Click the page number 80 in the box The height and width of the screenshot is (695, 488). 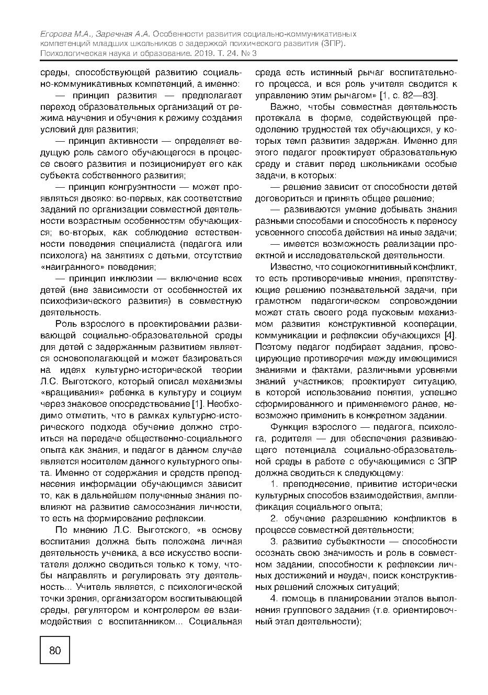click(55, 650)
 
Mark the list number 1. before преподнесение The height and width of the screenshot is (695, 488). click(274, 484)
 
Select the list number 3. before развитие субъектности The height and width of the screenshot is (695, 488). click(274, 541)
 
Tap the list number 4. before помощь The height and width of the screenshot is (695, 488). click(274, 598)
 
